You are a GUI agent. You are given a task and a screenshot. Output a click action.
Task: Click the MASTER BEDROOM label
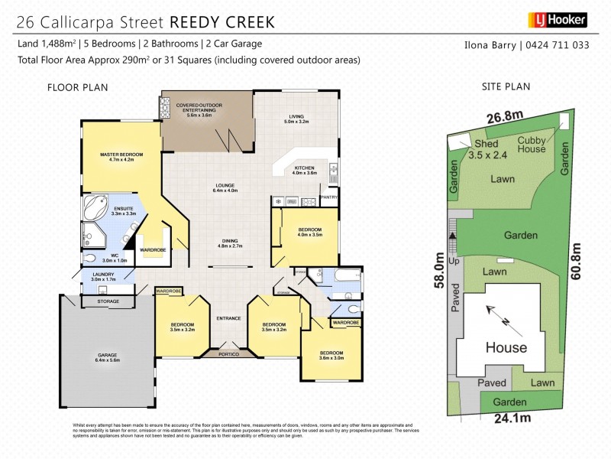121,155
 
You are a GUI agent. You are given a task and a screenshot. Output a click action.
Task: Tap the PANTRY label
329,197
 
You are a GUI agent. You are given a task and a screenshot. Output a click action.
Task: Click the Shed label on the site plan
487,144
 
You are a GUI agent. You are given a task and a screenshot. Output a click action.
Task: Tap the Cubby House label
532,145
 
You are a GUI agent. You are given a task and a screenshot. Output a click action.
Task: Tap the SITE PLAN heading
506,86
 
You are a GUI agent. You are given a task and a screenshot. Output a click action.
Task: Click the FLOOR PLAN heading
78,87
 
